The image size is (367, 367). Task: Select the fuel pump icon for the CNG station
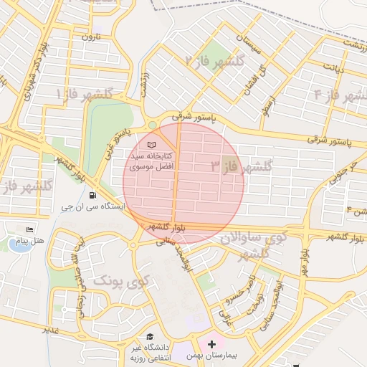(92, 195)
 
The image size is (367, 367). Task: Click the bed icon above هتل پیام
(29, 229)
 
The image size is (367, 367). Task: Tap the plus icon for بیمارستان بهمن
(212, 344)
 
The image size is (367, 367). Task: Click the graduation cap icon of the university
(150, 336)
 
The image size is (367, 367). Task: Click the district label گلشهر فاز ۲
(216, 61)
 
